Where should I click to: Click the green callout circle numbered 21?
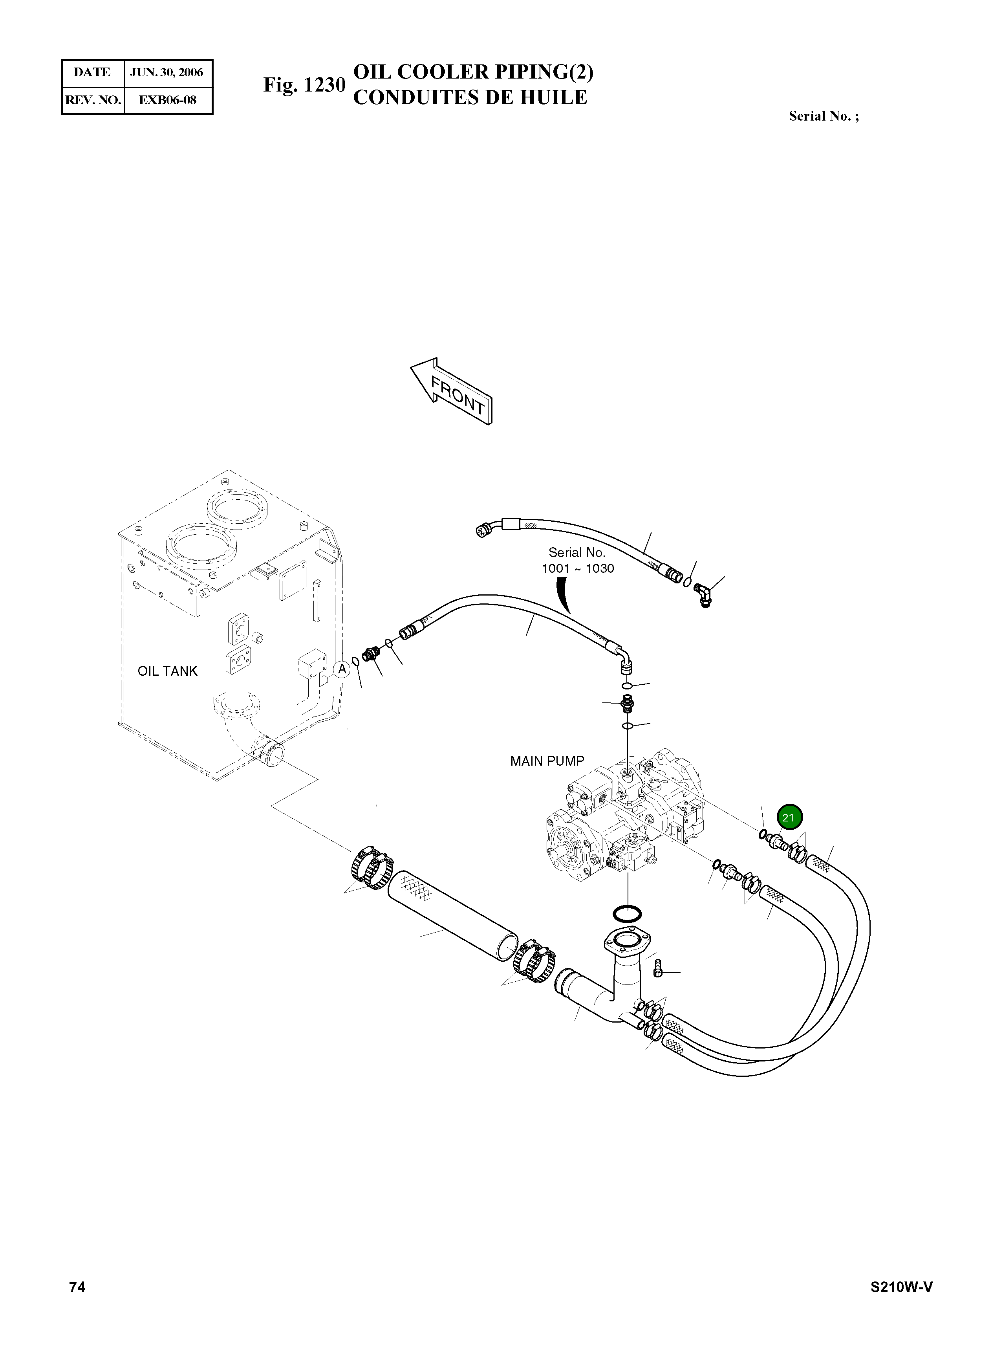click(789, 818)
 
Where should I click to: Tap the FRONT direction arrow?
click(452, 392)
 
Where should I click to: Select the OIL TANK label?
click(168, 671)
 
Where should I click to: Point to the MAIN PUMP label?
click(546, 761)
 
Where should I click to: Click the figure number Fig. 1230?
click(304, 85)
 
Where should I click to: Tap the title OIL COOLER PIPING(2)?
click(473, 72)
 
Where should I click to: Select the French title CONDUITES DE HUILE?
click(470, 98)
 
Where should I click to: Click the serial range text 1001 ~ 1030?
click(578, 568)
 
